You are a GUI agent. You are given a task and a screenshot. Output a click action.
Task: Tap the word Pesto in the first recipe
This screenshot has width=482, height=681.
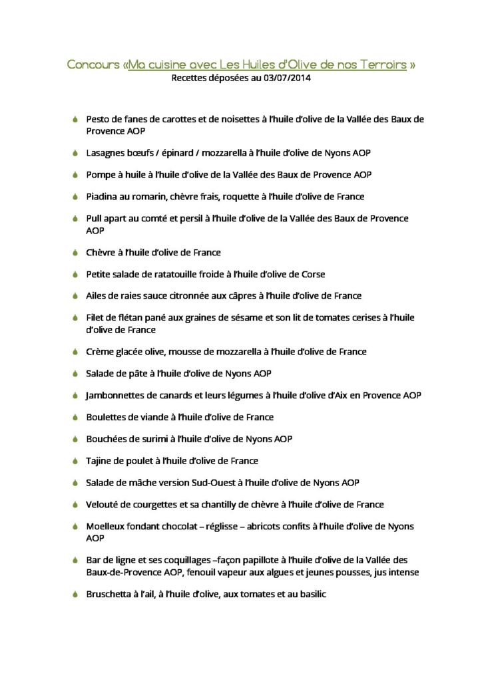tap(98, 120)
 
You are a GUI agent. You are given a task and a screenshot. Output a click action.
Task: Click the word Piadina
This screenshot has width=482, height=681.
tap(103, 196)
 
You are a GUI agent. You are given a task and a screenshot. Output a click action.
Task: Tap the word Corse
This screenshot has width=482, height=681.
tap(312, 274)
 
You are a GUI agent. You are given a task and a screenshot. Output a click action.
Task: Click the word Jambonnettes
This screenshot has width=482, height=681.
tap(116, 395)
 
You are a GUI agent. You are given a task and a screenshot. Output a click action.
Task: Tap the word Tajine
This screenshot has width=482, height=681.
tap(99, 461)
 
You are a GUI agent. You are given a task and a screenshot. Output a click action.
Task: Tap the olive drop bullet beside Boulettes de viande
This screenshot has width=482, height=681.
tap(76, 418)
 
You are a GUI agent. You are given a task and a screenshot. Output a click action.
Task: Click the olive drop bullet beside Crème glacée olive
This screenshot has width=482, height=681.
tap(76, 352)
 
